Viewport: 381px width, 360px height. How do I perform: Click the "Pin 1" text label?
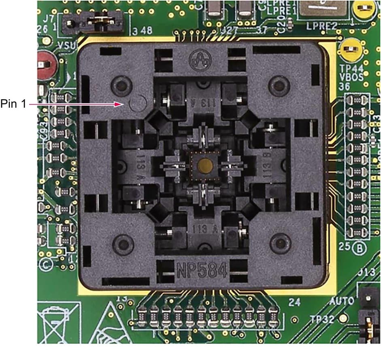(x=13, y=104)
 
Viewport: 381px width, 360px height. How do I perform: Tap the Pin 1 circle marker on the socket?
(x=136, y=103)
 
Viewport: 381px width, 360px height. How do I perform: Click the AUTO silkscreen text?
(x=341, y=301)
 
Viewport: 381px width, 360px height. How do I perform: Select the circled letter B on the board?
(x=357, y=247)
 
